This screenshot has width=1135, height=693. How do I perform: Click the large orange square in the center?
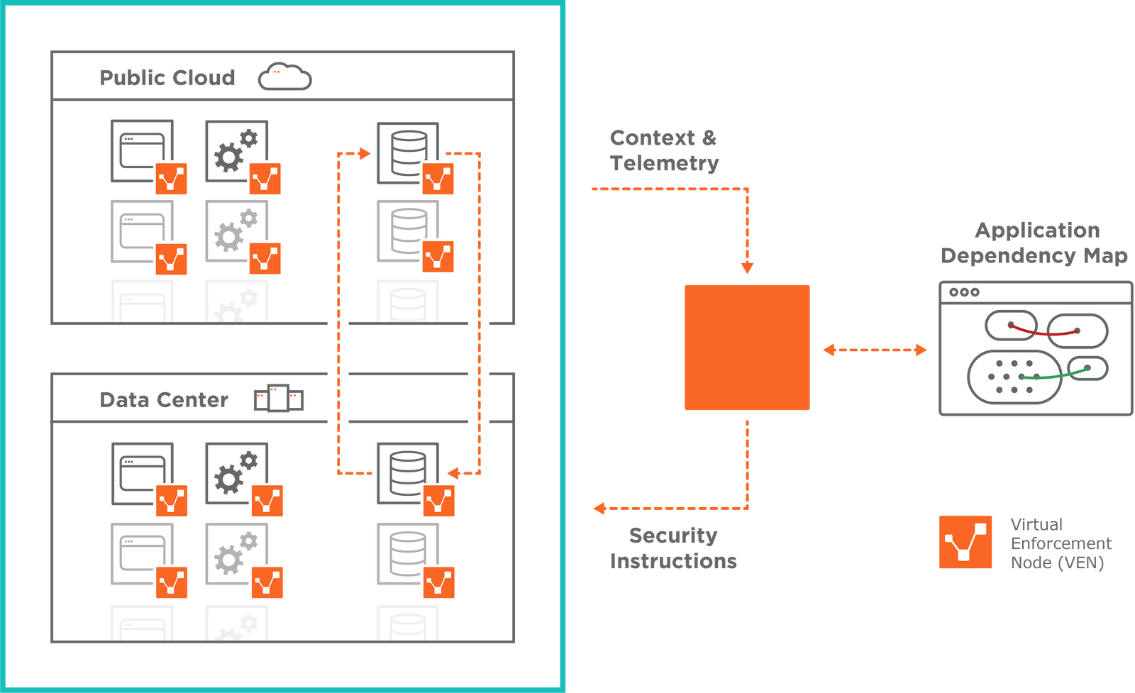[x=747, y=348]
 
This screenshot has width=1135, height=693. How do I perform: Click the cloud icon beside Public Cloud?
[x=284, y=77]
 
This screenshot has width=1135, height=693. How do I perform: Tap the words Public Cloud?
[x=167, y=77]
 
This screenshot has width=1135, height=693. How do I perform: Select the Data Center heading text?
[x=164, y=400]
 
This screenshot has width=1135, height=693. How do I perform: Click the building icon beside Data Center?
[x=279, y=399]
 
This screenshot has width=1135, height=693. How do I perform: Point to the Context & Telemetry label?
[x=664, y=150]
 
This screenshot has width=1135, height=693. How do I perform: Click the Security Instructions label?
[x=673, y=548]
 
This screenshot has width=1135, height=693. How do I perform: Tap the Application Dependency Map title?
[x=1035, y=243]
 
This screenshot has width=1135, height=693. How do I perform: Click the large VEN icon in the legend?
[x=965, y=543]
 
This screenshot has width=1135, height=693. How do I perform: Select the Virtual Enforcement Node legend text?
[x=1061, y=544]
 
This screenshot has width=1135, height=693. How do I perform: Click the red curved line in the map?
[x=1042, y=333]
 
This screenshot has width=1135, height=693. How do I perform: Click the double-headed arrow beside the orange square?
[x=875, y=350]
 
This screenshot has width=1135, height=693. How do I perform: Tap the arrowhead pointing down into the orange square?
[x=747, y=267]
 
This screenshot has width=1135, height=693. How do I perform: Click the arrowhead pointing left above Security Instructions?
[x=599, y=508]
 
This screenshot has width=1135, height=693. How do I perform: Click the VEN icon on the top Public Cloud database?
[x=438, y=179]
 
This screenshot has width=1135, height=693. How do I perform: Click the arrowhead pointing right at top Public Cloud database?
[x=365, y=153]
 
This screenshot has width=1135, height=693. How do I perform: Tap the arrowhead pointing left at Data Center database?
[x=453, y=473]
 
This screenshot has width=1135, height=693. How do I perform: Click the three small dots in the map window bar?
[x=964, y=292]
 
